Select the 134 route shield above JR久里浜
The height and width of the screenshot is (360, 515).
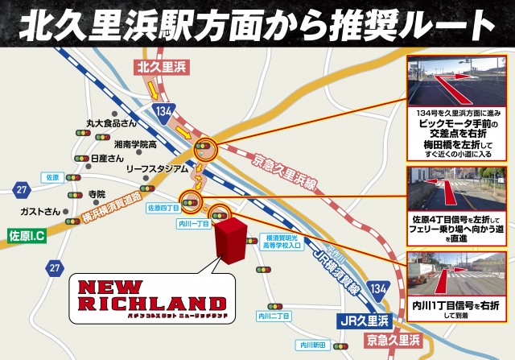point(379,288)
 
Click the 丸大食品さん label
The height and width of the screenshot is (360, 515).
point(112,123)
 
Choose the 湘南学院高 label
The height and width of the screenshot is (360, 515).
point(135,143)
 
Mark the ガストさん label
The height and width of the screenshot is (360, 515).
point(41,211)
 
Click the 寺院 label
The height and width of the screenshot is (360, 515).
point(97,194)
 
